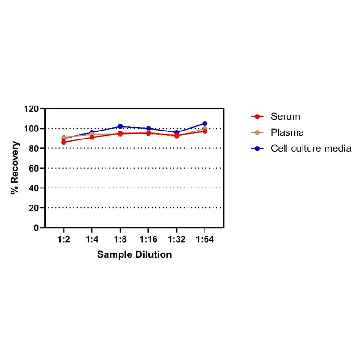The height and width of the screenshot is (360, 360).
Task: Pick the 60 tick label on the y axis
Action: pos(33,168)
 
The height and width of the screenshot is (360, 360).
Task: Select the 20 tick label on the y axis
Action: pos(33,208)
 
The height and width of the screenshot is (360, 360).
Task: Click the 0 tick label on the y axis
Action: pos(36,228)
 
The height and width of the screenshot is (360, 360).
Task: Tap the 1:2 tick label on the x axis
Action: pos(64,239)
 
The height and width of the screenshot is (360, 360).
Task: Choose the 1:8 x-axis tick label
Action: pos(120,239)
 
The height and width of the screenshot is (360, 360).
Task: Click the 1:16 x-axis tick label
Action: pos(148,239)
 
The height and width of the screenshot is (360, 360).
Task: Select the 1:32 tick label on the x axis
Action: pos(177,239)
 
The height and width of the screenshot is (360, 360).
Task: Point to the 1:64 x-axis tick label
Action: pos(205,239)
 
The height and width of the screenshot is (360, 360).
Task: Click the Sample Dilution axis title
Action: pos(134,254)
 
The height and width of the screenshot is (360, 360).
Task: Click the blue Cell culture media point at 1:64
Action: pos(205,123)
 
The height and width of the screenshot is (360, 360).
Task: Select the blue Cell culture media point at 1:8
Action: pos(120,126)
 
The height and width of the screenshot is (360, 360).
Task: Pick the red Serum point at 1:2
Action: pos(64,142)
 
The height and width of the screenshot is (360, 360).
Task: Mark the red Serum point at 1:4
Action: pos(92,137)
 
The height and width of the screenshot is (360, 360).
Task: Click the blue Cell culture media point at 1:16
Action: pos(148,128)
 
